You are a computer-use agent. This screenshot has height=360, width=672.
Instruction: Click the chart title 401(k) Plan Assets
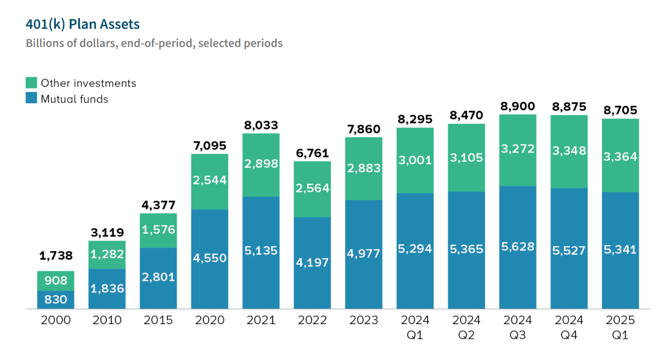pyautogui.click(x=83, y=24)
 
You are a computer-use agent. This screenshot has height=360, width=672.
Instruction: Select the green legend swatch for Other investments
pyautogui.click(x=31, y=83)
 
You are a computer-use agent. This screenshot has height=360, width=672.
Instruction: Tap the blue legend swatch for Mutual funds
pyautogui.click(x=31, y=98)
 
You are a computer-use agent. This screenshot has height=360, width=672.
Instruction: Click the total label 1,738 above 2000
pyautogui.click(x=56, y=255)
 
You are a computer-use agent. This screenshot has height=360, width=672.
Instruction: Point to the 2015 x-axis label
pyautogui.click(x=158, y=320)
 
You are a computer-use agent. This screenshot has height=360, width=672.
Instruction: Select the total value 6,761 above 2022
pyautogui.click(x=312, y=153)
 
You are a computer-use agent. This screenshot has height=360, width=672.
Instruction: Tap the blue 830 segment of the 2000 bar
pyautogui.click(x=56, y=299)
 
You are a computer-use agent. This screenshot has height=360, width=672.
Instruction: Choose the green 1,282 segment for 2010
pyautogui.click(x=107, y=254)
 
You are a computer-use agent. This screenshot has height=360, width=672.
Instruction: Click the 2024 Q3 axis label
pyautogui.click(x=517, y=327)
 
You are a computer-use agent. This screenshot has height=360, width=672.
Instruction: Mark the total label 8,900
pyautogui.click(x=517, y=106)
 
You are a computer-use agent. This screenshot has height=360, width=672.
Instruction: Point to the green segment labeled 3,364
pyautogui.click(x=620, y=157)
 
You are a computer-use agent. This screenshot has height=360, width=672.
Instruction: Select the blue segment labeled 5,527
pyautogui.click(x=569, y=250)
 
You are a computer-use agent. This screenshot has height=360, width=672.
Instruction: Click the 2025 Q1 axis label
pyautogui.click(x=620, y=327)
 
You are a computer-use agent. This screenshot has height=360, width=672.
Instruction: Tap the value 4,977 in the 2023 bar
pyautogui.click(x=363, y=253)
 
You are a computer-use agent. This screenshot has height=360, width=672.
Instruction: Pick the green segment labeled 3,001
pyautogui.click(x=415, y=160)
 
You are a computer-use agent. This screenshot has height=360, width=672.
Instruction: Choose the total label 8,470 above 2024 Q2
pyautogui.click(x=466, y=115)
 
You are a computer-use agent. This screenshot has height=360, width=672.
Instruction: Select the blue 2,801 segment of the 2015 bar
pyautogui.click(x=158, y=277)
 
